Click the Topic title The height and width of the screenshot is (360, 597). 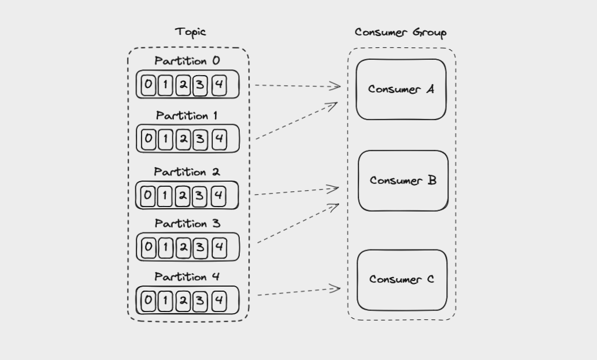[190, 32]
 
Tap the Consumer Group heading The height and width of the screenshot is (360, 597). [401, 32]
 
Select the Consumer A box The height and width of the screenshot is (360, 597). [401, 89]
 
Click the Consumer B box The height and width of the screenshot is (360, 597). [403, 181]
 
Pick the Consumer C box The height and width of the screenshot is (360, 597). [402, 280]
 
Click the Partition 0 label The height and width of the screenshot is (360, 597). [187, 61]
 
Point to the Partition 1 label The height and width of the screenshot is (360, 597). [187, 116]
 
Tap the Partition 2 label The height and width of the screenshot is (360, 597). [187, 172]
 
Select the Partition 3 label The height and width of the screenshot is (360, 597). [187, 223]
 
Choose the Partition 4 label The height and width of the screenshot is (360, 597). [187, 276]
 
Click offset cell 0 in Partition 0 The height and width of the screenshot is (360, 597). [148, 85]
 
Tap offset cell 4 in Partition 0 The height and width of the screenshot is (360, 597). [220, 85]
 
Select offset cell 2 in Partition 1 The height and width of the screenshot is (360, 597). [183, 139]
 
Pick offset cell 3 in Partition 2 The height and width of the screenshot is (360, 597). [200, 196]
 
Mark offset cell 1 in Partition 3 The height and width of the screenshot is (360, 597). [165, 248]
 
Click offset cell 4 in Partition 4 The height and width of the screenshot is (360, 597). [220, 301]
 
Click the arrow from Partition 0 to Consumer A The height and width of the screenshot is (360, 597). [298, 86]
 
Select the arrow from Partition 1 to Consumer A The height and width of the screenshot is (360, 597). [297, 121]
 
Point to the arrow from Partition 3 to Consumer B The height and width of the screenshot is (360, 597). [298, 223]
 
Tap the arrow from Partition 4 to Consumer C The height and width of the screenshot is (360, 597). [299, 292]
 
